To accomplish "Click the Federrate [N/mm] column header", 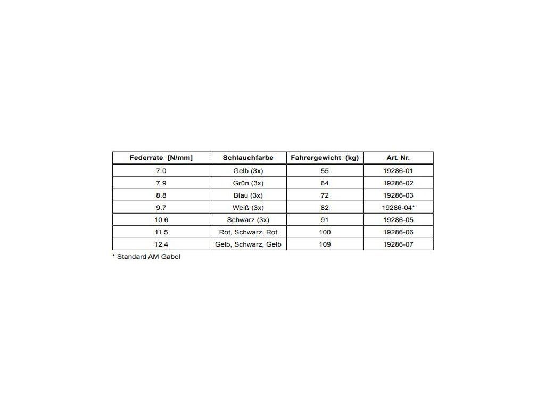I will tap(161, 158).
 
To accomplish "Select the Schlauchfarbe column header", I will tap(248, 158).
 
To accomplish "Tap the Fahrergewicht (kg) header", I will tap(325, 158).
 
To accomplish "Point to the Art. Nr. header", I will tap(398, 158).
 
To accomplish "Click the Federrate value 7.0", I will tap(161, 171).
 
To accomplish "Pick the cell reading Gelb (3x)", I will tap(248, 171).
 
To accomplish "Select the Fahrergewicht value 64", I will tap(325, 183).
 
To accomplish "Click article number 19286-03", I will tap(398, 195).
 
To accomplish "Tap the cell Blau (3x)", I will tap(248, 195).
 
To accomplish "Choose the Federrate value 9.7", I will tap(161, 208).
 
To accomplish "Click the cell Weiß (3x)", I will tap(248, 208).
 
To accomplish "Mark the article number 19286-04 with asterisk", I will tap(399, 208).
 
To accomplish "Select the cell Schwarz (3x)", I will tap(248, 220).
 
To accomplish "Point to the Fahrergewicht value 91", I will tap(325, 220).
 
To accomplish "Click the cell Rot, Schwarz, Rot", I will tap(248, 232).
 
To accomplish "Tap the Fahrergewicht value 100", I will tap(325, 232).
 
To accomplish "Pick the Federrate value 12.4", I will tap(161, 244).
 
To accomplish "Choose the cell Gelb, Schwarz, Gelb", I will tap(248, 244).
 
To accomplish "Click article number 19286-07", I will tap(398, 244).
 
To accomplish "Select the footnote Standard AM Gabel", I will tap(146, 257).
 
